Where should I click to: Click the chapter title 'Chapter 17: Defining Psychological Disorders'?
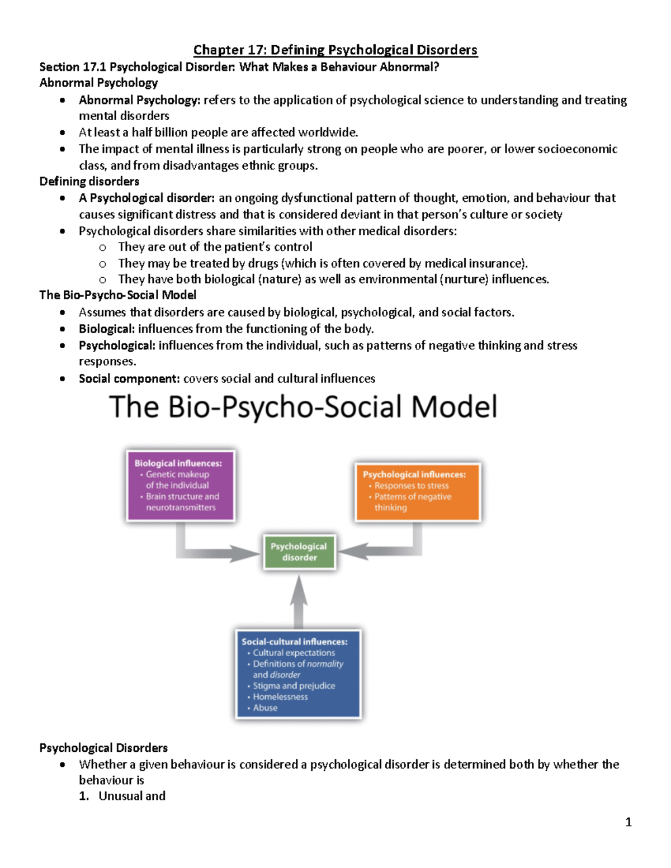click(x=335, y=50)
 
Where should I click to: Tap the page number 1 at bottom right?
click(x=628, y=822)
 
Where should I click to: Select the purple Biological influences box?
click(x=181, y=485)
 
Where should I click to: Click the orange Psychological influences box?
click(x=417, y=491)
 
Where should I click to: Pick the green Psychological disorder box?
click(x=299, y=552)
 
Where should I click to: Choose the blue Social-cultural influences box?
click(x=298, y=674)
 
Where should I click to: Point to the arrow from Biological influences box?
click(x=212, y=551)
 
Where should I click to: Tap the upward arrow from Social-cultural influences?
click(x=299, y=601)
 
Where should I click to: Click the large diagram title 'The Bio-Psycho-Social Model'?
click(x=303, y=406)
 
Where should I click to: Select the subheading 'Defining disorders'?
click(x=89, y=181)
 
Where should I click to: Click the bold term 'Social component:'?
click(x=129, y=378)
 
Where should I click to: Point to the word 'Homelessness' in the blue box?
click(x=280, y=696)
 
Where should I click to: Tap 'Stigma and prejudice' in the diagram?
click(x=294, y=686)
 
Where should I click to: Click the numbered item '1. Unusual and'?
click(x=122, y=796)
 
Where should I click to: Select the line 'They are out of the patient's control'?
click(x=215, y=246)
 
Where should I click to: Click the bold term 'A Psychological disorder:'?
click(x=147, y=198)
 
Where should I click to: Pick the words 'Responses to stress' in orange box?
click(x=412, y=486)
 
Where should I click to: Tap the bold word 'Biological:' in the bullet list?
click(x=107, y=329)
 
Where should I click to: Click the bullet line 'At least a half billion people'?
click(x=218, y=132)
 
